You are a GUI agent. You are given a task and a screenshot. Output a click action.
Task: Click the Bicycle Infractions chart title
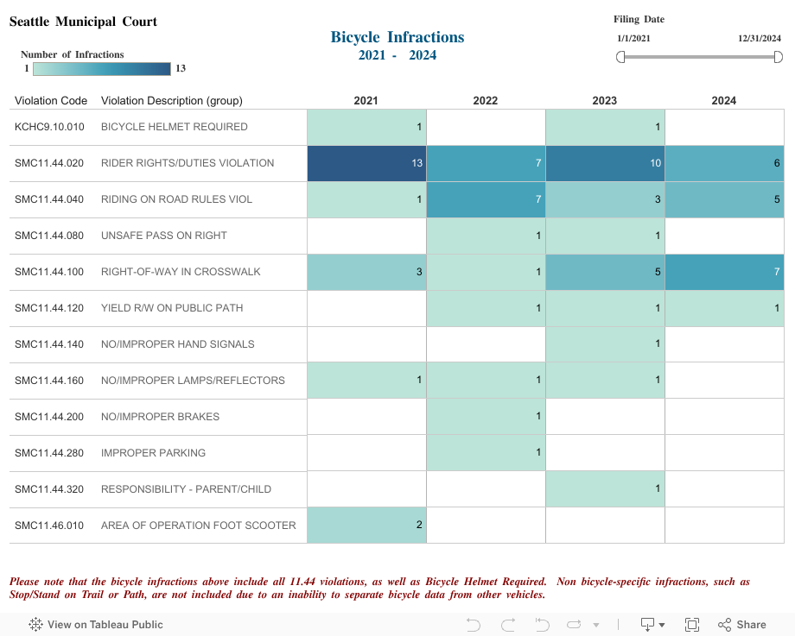397,37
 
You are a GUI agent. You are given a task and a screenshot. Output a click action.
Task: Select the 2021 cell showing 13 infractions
366,163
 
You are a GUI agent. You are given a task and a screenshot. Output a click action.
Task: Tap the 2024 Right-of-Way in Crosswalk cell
724,272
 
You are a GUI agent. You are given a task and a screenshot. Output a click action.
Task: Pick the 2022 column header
486,101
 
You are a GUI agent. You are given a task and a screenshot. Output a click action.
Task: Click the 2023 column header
605,101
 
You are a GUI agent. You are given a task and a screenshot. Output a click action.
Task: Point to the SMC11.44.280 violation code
49,453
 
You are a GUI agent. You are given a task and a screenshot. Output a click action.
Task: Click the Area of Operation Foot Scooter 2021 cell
366,526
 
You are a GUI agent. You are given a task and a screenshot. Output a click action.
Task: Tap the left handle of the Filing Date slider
620,57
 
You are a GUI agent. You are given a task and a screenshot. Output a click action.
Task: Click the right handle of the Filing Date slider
778,57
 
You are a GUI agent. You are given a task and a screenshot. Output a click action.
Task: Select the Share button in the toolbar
741,625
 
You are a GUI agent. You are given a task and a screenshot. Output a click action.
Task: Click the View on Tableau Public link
96,625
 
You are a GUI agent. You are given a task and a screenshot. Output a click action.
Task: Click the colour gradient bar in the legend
102,68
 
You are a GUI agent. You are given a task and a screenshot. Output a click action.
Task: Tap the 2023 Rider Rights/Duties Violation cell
605,163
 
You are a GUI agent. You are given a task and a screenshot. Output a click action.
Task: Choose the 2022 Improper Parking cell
486,453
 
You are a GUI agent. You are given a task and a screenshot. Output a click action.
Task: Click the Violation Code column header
51,101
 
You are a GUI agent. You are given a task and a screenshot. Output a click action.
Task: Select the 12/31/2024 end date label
759,39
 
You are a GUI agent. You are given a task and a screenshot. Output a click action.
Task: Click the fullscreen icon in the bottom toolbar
691,625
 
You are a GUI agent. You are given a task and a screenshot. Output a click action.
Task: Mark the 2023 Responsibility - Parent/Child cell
605,489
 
